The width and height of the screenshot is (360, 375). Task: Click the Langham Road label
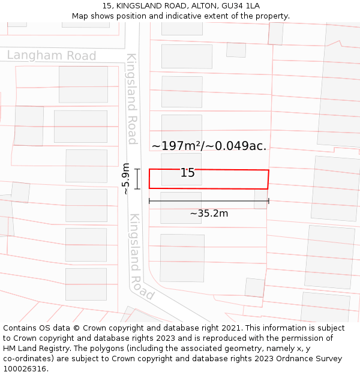(52, 56)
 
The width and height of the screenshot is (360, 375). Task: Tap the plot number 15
(188, 173)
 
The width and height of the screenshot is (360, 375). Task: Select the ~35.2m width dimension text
(209, 214)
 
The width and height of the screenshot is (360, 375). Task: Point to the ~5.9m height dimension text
(125, 179)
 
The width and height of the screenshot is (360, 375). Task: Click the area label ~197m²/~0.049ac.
(209, 146)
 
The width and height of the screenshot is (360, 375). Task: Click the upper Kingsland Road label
(132, 99)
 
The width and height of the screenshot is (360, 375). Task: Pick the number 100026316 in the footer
(24, 369)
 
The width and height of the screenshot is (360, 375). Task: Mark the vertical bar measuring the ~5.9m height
(137, 179)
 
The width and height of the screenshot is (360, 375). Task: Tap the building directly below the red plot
(181, 207)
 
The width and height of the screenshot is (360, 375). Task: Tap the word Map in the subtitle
(80, 16)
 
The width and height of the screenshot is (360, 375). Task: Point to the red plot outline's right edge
(268, 179)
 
